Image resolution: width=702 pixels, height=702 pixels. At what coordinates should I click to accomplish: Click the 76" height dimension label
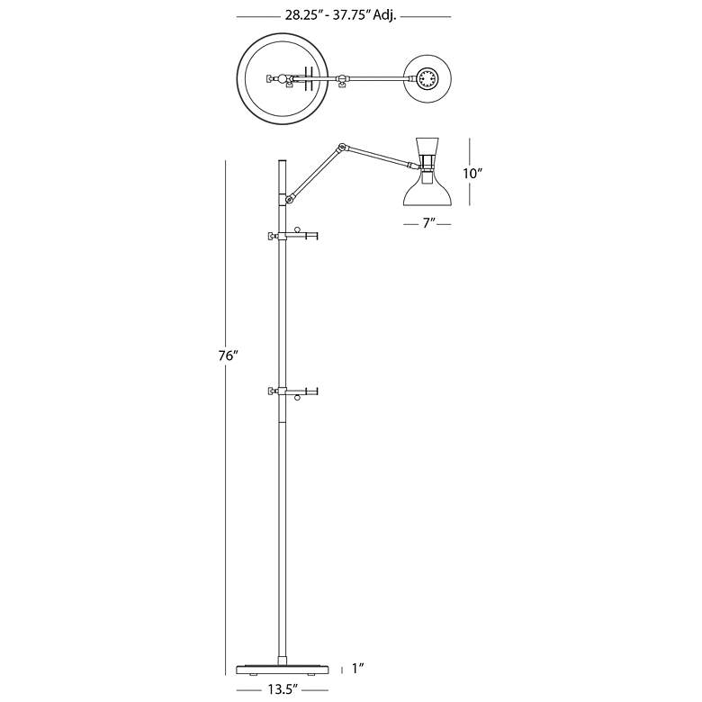228,355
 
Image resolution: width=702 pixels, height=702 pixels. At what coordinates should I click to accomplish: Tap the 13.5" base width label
283,690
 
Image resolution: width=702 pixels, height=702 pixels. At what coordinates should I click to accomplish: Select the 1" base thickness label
357,669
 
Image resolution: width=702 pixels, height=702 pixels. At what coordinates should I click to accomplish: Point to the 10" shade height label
472,174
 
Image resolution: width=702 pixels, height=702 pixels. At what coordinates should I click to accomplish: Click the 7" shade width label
429,223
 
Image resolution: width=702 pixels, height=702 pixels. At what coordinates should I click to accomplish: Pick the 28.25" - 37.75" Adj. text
341,16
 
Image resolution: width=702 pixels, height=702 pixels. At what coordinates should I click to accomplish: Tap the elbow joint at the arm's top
343,147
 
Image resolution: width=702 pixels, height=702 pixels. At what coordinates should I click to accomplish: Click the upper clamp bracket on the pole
292,235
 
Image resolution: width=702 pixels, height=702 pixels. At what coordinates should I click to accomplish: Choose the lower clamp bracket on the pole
292,391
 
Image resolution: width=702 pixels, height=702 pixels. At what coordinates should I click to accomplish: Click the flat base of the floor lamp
283,670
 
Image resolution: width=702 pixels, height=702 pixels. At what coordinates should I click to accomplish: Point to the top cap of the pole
283,162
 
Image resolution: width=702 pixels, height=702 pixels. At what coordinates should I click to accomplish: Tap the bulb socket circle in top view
427,79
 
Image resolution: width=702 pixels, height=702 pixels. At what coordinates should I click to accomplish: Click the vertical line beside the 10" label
469,172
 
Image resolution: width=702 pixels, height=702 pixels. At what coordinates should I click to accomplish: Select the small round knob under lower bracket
297,397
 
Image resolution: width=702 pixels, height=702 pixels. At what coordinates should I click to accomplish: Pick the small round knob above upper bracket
297,230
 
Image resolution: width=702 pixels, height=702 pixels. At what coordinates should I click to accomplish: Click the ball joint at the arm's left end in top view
282,79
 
